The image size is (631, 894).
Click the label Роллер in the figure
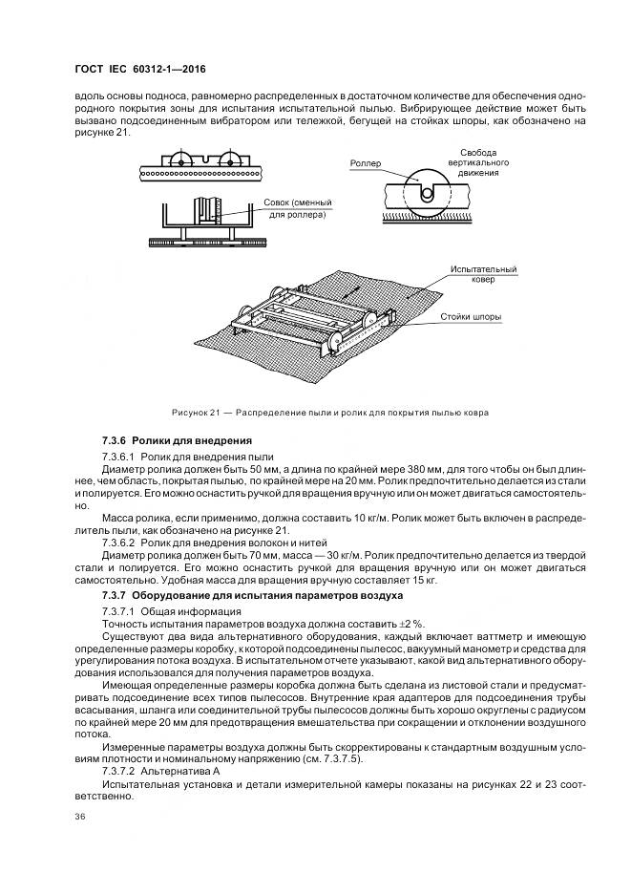coord(365,163)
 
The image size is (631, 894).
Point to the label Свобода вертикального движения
coord(477,162)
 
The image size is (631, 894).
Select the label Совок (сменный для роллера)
coord(297,209)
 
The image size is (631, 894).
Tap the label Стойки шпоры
coord(471,316)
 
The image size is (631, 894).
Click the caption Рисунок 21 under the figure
coord(330,413)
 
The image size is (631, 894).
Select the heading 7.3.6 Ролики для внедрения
coord(176,440)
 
